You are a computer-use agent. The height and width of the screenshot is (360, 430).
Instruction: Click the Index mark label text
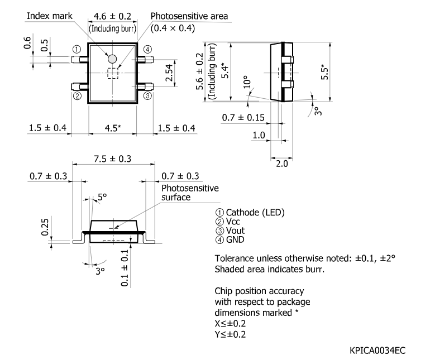tap(50, 16)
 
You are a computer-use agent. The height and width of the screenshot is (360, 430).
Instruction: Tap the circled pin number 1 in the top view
tap(77, 49)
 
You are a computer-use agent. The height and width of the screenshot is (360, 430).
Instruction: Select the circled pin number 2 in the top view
tap(77, 95)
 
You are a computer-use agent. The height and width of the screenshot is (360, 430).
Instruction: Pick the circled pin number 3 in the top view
tap(147, 95)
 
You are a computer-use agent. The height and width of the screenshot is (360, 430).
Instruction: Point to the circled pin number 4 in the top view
tap(147, 49)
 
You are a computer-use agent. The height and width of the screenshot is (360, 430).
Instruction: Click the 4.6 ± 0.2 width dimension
tap(112, 16)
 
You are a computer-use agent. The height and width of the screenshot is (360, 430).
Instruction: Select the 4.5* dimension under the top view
tap(112, 128)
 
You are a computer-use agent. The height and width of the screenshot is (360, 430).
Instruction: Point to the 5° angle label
tap(102, 196)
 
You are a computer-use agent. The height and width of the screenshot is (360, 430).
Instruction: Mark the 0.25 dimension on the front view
tap(45, 226)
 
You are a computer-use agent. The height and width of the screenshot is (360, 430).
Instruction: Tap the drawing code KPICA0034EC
tap(378, 350)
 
